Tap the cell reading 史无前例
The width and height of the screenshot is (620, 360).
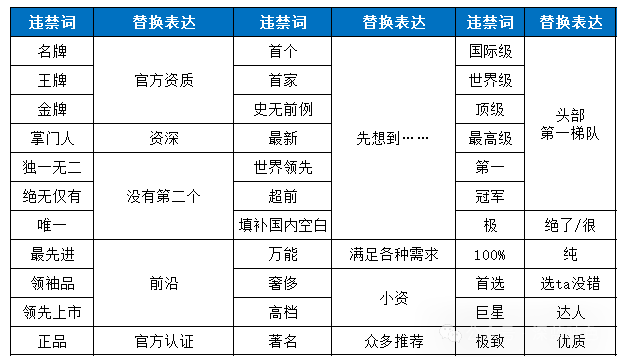pos(283,108)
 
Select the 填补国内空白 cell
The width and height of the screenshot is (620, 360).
pos(283,225)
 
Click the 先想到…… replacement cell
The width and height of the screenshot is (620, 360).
pos(392,138)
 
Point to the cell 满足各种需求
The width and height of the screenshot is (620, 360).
pos(392,255)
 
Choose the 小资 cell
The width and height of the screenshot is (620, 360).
pos(392,298)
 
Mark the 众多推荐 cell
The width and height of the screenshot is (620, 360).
pos(392,342)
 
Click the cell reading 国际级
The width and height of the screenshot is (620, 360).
pos(490,49)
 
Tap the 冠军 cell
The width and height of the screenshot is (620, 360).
pos(490,196)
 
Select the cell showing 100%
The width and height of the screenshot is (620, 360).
pos(490,255)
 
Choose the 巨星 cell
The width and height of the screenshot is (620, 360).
pos(490,313)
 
